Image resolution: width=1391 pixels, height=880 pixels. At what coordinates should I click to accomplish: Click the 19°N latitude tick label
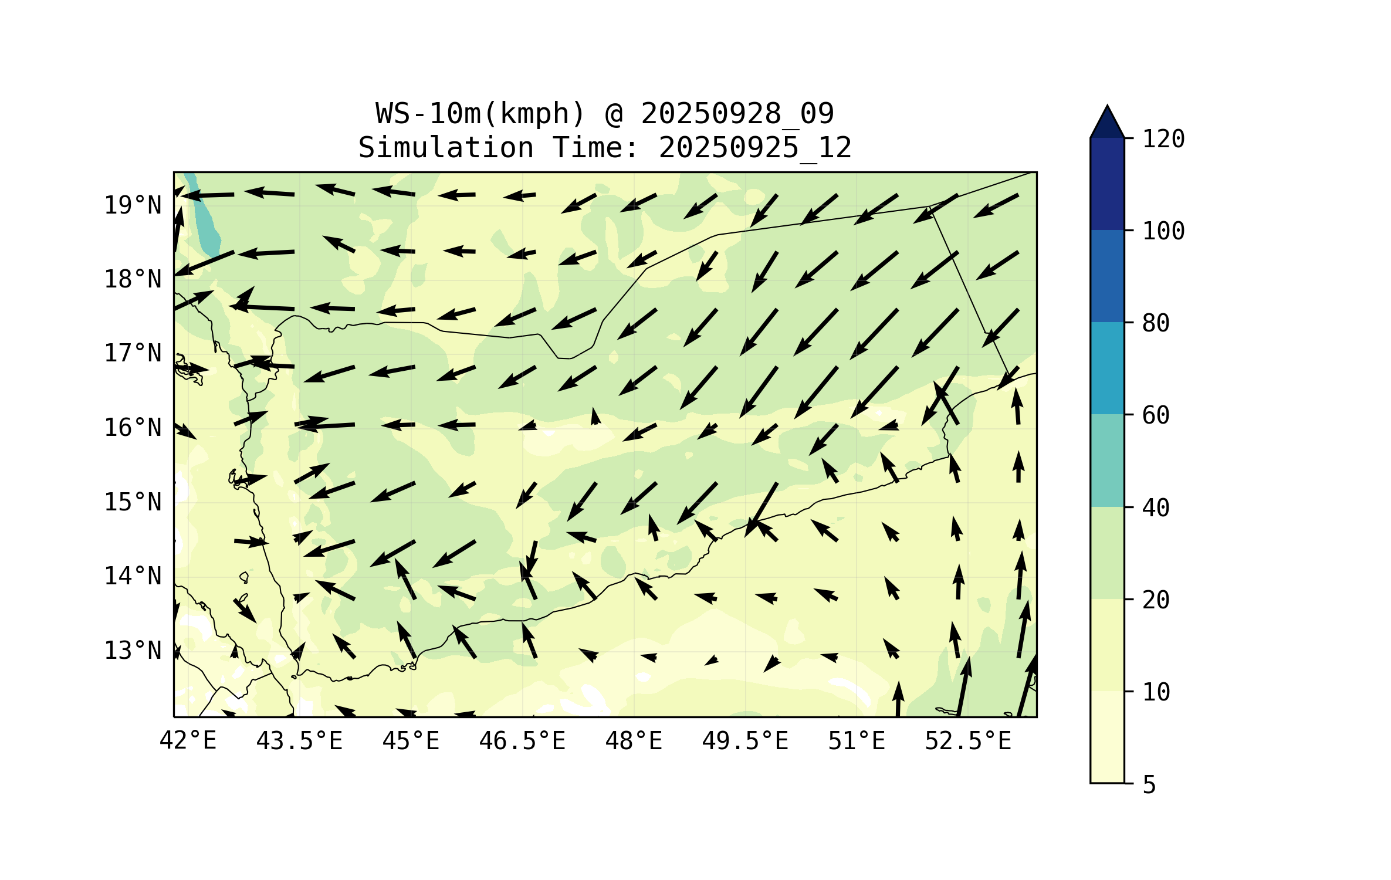pos(133,205)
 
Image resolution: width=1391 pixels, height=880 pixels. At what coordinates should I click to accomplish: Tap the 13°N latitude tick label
pos(133,651)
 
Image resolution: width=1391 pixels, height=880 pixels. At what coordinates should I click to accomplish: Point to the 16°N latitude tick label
pos(133,428)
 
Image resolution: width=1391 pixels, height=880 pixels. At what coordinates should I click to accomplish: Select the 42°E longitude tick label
pos(188,741)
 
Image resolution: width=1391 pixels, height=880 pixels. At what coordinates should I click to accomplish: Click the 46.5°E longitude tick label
pos(522,741)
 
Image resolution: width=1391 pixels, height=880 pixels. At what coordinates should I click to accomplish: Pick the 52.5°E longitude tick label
pos(968,741)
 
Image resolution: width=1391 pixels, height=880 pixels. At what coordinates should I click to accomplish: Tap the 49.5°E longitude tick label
pos(745,741)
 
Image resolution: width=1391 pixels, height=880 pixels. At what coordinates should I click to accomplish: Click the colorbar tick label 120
pos(1163,139)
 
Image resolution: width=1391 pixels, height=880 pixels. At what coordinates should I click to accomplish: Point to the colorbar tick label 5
pos(1149,785)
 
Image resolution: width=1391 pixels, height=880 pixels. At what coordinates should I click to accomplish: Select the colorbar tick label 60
pos(1156,415)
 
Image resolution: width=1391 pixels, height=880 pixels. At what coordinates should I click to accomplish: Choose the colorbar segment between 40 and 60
pos(1107,461)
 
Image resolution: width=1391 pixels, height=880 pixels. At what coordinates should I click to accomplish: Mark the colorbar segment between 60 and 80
pos(1107,368)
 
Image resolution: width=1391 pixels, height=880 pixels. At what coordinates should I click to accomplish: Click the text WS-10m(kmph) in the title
pos(480,113)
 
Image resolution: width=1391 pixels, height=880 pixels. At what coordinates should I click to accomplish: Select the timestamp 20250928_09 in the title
pos(737,113)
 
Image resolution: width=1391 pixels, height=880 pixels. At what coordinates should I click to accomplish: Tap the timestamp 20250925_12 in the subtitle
pos(755,147)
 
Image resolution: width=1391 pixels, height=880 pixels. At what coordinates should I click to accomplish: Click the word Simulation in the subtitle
pos(446,147)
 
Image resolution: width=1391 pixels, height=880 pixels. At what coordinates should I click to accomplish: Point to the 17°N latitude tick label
pos(133,353)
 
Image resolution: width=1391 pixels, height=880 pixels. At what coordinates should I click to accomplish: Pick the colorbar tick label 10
pos(1156,692)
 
